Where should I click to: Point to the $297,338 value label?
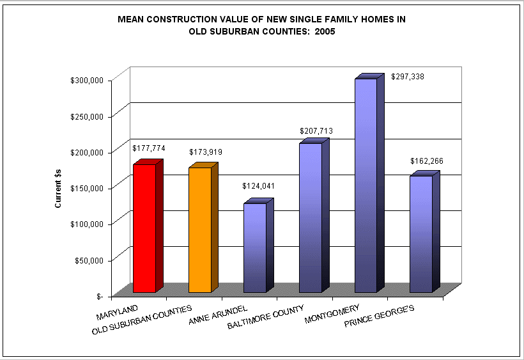point(408,77)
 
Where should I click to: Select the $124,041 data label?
point(258,186)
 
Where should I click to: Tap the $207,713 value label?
point(316,131)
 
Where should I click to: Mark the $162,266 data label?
point(427,160)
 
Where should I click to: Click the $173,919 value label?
point(206,152)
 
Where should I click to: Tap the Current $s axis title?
point(58,188)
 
